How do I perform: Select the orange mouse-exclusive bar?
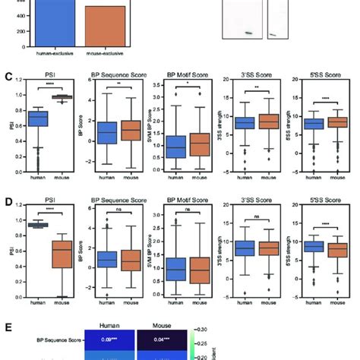click(104, 26)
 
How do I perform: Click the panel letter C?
click(7, 77)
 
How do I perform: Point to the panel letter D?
click(7, 200)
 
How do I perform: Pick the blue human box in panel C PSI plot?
click(37, 118)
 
